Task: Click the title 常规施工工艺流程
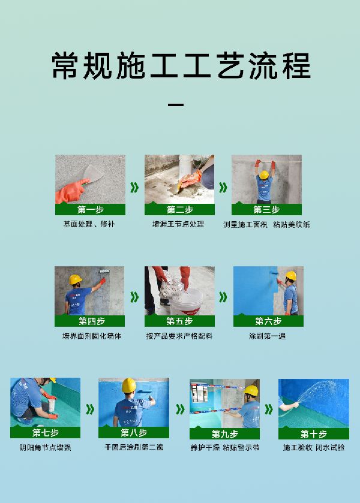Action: [181, 66]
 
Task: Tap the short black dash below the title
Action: [176, 104]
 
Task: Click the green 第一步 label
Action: [90, 209]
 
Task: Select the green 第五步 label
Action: [179, 321]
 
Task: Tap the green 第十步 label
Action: [313, 433]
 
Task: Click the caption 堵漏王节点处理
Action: [178, 224]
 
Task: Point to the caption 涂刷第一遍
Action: [268, 336]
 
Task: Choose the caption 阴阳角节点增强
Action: [45, 447]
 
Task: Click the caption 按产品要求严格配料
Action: [179, 336]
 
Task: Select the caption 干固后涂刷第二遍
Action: [134, 447]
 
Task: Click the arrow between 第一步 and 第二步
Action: [134, 187]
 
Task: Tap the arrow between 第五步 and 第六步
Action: [223, 297]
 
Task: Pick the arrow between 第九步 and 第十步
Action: [269, 409]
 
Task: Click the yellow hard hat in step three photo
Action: [264, 175]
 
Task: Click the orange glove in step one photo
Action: [71, 191]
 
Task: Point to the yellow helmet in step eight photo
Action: [129, 385]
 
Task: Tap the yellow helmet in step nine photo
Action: [251, 390]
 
